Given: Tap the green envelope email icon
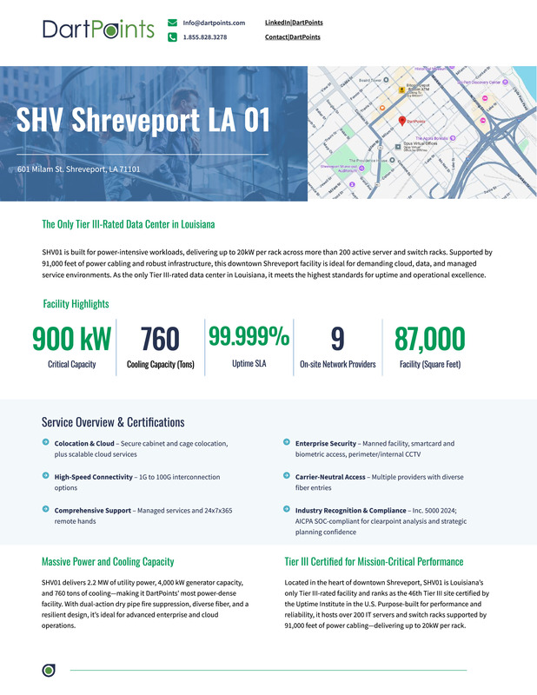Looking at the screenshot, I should (173, 23).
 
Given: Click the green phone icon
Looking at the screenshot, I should (173, 37).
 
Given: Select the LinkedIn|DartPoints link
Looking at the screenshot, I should (293, 22).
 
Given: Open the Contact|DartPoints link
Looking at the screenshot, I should (292, 37).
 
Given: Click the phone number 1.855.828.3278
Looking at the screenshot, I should (205, 37).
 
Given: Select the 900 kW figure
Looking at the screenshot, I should (71, 339).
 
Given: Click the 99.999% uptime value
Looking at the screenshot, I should (249, 335).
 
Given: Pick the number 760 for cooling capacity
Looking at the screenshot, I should (160, 339).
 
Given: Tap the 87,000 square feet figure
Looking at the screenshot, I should (429, 339).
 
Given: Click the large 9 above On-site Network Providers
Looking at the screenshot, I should (337, 339).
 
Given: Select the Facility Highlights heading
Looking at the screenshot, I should (76, 304).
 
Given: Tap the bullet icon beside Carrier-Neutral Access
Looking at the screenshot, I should (287, 475).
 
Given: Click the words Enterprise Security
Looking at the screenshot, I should (326, 443).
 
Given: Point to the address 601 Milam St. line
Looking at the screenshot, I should (79, 169).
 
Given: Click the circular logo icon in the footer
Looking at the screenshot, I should (49, 670).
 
